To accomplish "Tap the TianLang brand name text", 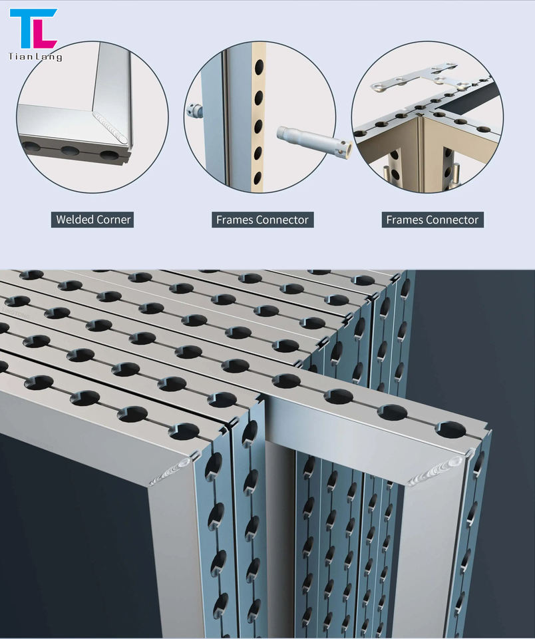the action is coord(35,57).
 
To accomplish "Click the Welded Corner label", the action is coord(93,220).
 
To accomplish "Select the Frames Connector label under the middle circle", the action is coord(262,220).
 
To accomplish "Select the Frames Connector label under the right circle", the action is coord(433,220).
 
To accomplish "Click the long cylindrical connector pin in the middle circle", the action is coord(314,141).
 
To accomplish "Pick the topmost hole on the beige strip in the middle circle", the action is coord(259,67).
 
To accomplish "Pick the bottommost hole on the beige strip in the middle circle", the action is coord(258,178).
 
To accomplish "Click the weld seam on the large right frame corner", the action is coord(436,470).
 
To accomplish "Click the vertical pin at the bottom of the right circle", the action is coord(456,174).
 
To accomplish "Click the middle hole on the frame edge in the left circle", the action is coord(70,150).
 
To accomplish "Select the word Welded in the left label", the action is coord(74,220).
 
